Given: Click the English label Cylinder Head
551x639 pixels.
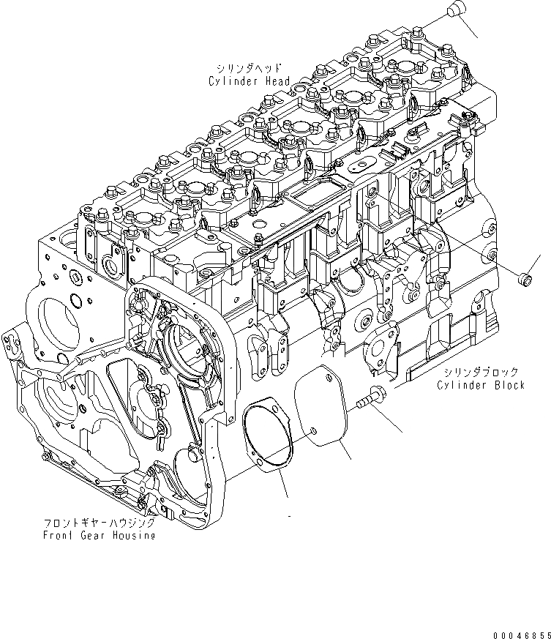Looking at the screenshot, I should tap(249, 81).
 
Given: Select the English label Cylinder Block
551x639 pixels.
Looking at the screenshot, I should tap(481, 385).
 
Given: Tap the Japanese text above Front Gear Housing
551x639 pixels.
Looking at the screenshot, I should tap(98, 523).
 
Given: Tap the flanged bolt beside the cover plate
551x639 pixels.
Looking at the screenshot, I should tap(373, 400).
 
